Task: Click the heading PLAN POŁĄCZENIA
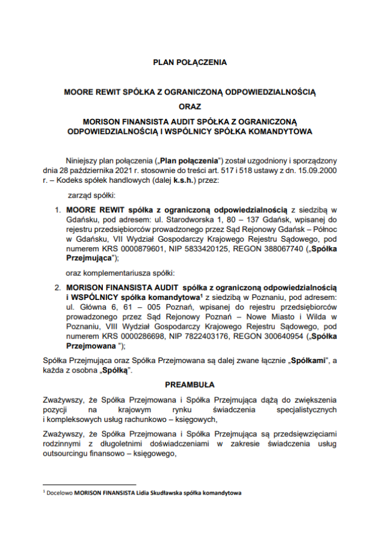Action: click(x=189, y=61)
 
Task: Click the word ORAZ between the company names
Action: click(x=189, y=107)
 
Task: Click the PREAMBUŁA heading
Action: click(x=189, y=384)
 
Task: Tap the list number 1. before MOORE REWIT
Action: click(x=58, y=210)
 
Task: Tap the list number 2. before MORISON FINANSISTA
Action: click(x=58, y=288)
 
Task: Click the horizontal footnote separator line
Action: click(x=90, y=484)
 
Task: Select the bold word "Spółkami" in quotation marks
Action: click(x=307, y=360)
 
